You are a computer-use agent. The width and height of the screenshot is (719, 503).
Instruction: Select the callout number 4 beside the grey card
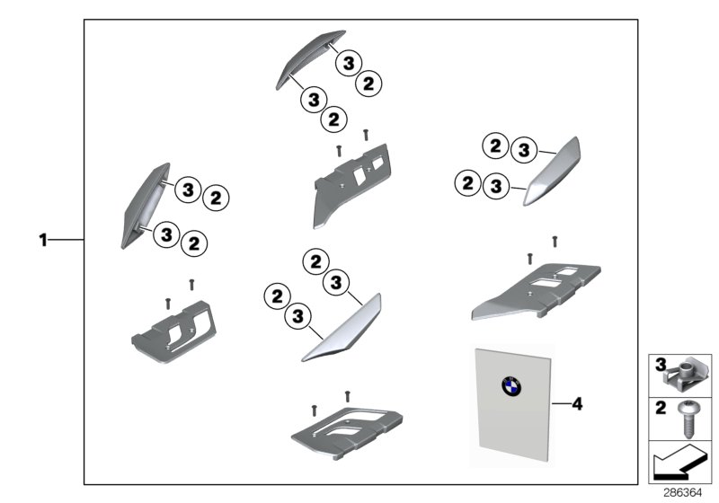point(577,405)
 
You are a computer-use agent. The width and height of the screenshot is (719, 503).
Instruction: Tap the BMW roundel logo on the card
point(513,388)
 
